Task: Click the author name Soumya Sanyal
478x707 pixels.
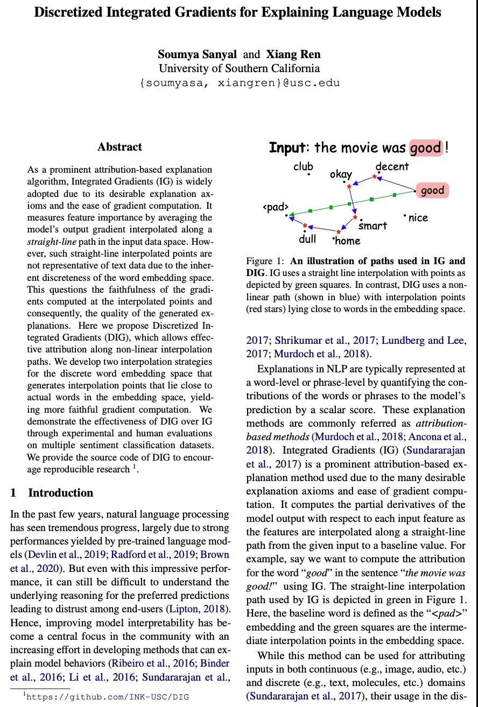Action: pos(197,54)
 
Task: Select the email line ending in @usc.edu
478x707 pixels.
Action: pos(239,83)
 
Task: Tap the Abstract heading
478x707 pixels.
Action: pos(120,147)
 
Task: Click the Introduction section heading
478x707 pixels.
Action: pos(60,493)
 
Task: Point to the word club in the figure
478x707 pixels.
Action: pos(303,167)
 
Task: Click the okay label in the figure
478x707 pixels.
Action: pos(341,174)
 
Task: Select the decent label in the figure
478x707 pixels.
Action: pos(392,167)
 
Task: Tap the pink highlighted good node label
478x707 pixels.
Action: pos(432,190)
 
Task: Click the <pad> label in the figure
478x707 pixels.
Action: pos(276,207)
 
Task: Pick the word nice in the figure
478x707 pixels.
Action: pos(418,218)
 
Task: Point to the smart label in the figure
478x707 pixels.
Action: pos(372,226)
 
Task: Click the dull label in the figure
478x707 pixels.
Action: pos(307,239)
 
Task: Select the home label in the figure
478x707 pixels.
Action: pos(347,241)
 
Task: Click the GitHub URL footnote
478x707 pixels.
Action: pos(107,697)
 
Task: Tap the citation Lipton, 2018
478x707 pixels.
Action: pos(199,609)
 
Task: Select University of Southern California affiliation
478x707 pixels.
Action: pos(239,68)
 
